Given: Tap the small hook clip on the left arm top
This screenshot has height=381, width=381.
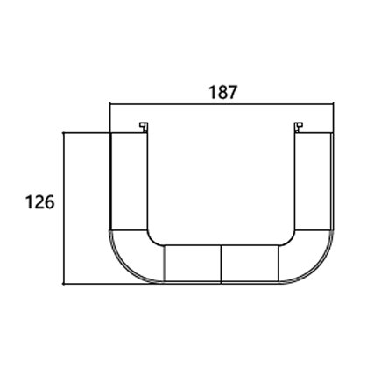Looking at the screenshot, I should coord(141,129).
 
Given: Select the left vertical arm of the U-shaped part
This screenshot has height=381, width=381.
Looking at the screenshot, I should coord(128,180).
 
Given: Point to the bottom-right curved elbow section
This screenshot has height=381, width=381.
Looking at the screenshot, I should coord(307,256).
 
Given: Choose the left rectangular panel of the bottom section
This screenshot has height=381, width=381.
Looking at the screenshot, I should coord(193,264).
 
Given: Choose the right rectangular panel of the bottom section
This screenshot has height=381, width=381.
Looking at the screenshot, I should coord(250,264).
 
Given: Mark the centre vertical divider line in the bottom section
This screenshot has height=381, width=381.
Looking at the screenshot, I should coord(222,264).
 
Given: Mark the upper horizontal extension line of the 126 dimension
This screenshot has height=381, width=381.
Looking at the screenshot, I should coord(88,133).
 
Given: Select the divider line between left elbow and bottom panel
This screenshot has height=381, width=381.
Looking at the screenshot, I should coord(164,264).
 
